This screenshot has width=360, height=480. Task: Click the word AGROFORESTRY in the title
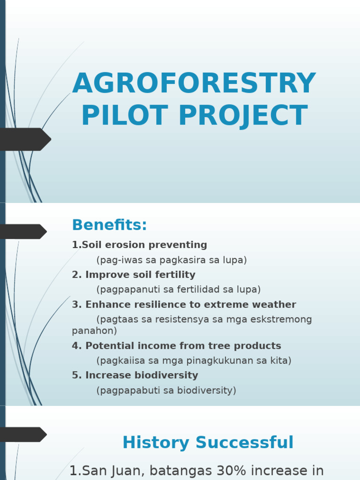[194, 84]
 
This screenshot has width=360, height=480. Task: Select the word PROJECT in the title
[243, 116]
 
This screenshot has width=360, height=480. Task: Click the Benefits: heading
[109, 225]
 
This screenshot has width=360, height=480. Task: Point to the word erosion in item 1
[123, 245]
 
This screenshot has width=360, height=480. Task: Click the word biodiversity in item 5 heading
[166, 375]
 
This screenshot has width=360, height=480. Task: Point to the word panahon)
[94, 331]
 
